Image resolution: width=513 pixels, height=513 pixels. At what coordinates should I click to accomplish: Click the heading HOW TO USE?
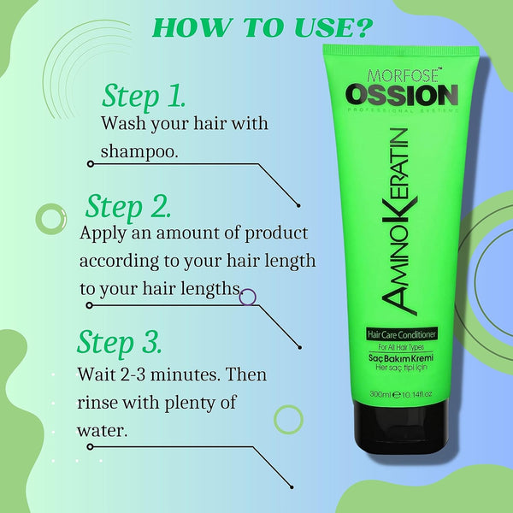point(262,27)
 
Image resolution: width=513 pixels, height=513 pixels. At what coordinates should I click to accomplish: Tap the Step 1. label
point(144,96)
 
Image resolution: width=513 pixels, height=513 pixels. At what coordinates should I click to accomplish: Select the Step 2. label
point(128,206)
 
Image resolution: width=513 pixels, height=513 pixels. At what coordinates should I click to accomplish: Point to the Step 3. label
point(120,342)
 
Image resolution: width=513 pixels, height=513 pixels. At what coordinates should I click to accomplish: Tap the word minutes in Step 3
point(184,374)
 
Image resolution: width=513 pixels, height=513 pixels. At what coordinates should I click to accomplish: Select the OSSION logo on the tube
point(402,95)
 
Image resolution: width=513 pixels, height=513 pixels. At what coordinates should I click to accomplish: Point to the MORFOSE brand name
point(403,75)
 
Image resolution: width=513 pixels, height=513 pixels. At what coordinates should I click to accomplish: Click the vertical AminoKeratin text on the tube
point(398,221)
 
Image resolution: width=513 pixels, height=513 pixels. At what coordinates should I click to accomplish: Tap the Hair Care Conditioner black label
point(402,334)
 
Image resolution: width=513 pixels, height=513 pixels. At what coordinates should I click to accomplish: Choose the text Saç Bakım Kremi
point(401,357)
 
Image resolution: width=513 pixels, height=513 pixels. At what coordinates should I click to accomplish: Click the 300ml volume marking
point(380,394)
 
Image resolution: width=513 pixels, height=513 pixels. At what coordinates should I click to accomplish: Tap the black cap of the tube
point(401,427)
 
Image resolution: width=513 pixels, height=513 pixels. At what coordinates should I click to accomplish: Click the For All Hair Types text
point(401,347)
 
